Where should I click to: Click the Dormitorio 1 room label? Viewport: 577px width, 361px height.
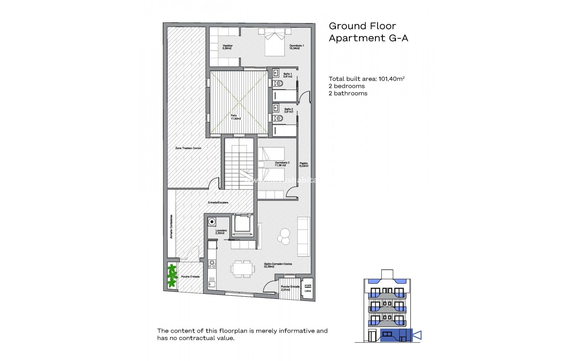coord(296,47)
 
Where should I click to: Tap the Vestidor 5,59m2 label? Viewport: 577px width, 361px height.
coord(227,47)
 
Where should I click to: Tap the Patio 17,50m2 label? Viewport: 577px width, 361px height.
coord(235,117)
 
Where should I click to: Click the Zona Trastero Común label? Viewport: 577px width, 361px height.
coord(188,148)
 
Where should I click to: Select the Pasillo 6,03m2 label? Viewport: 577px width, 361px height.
coord(304,165)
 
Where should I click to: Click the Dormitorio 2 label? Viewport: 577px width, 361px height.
coord(282,164)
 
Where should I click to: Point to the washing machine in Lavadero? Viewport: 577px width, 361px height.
coord(212,222)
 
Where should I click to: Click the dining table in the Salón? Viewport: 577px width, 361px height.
coord(243,269)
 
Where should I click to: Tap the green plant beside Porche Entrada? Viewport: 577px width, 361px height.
coord(171,275)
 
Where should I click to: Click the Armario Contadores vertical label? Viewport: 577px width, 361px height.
coord(171,227)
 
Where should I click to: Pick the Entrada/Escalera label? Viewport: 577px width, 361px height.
coord(218,202)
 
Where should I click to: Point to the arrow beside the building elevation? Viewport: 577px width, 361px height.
coord(417,335)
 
